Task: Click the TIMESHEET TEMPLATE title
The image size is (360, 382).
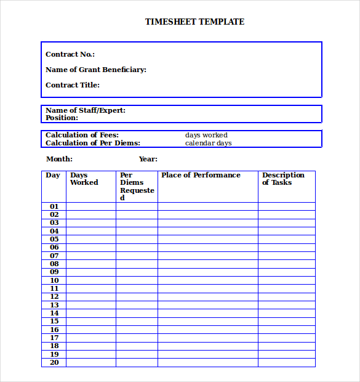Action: click(x=194, y=22)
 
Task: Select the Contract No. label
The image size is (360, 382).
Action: click(x=70, y=54)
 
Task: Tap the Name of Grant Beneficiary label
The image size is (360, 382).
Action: click(x=96, y=70)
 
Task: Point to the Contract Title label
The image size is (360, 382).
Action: click(x=73, y=85)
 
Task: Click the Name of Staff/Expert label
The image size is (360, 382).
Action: click(x=86, y=110)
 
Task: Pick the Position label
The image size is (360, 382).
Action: click(x=62, y=118)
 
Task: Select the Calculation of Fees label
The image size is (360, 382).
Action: click(x=82, y=135)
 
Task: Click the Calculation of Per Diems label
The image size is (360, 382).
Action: click(x=93, y=143)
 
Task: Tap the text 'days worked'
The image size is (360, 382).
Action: click(x=206, y=135)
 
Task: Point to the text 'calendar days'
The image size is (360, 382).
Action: click(x=208, y=143)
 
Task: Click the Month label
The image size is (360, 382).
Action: click(x=59, y=159)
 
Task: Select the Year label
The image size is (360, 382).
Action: click(x=148, y=159)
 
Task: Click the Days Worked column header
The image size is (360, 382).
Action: click(x=84, y=179)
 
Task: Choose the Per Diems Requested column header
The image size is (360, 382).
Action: click(x=137, y=186)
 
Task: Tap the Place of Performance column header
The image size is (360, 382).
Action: click(x=201, y=175)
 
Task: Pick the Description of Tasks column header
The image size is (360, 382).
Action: click(x=283, y=179)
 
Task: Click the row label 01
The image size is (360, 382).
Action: click(x=54, y=206)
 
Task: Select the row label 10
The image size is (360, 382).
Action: click(x=54, y=280)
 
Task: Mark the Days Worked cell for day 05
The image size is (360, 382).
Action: click(x=91, y=239)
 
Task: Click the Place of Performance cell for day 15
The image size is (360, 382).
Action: click(x=208, y=322)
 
